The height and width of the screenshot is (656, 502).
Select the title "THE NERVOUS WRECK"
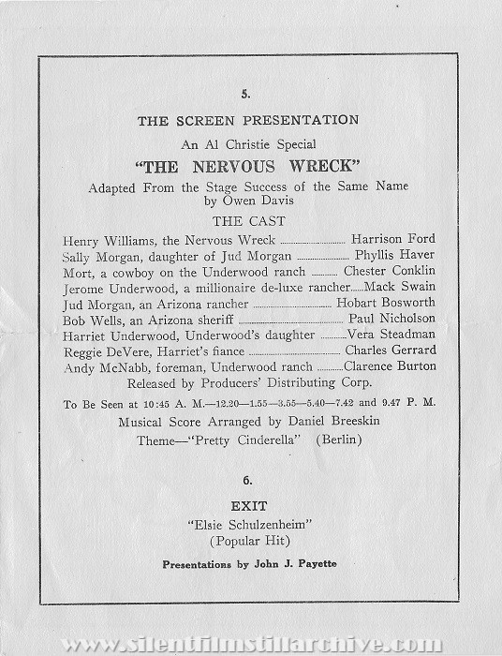click(x=250, y=167)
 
